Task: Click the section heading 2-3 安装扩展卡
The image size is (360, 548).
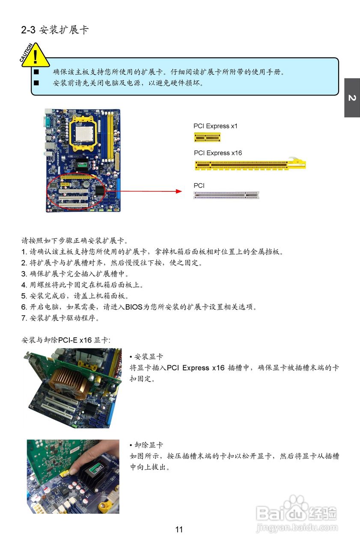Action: [55, 30]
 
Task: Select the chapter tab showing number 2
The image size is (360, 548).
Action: [352, 98]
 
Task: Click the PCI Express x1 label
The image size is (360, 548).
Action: [215, 126]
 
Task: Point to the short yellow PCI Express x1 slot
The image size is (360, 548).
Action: [207, 137]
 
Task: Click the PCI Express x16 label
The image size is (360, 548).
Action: [218, 153]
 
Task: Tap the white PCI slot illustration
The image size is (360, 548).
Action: [226, 195]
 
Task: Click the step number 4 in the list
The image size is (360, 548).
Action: [24, 285]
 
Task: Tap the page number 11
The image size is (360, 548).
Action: [179, 530]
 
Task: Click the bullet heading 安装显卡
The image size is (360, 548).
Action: [148, 357]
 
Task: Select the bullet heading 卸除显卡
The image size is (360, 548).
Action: [148, 445]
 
